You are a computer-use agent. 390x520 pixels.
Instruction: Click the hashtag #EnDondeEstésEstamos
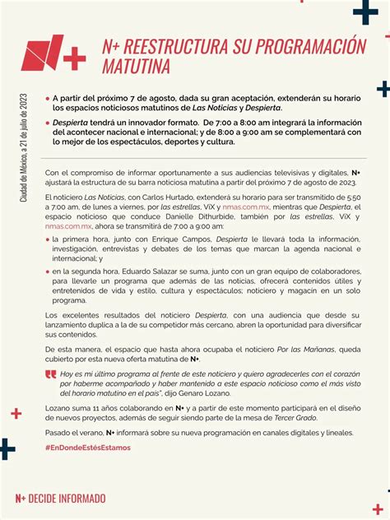(x=87, y=448)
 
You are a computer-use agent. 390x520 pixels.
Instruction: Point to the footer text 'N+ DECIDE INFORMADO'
(x=61, y=498)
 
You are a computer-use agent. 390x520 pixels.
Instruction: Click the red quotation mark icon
(x=51, y=374)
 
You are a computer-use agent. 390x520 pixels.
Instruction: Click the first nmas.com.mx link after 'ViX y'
(x=244, y=210)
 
